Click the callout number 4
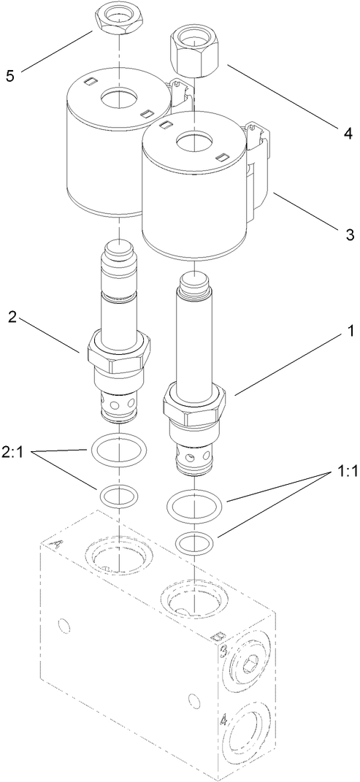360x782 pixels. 348,134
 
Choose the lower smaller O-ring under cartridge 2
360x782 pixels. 118,497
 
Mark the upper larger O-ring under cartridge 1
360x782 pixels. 194,505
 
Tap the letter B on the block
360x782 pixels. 215,636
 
